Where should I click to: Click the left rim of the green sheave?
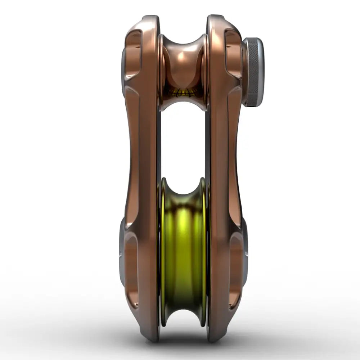coord(163,252)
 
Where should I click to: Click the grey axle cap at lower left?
coord(121,252)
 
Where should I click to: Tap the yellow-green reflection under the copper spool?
coord(184,93)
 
